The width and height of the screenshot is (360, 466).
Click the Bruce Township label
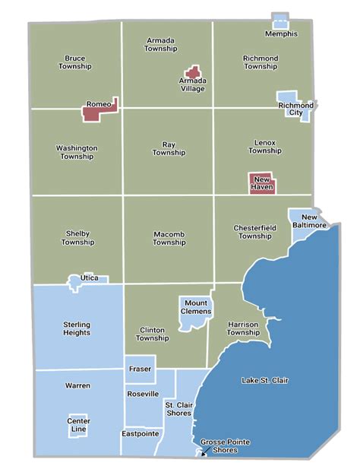(x=74, y=62)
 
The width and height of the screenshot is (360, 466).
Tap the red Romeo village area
(x=93, y=113)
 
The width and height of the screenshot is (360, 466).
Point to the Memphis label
(x=281, y=34)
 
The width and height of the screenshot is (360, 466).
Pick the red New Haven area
(x=261, y=182)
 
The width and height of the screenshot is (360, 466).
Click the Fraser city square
(x=140, y=369)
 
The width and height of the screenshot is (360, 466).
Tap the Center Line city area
(x=79, y=424)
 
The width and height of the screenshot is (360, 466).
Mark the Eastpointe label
(x=140, y=433)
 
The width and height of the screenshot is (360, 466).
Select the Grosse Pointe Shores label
(x=226, y=446)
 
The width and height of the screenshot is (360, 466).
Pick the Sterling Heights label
(x=76, y=328)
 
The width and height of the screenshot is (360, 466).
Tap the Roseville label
(x=142, y=394)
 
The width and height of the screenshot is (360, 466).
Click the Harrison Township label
(x=243, y=328)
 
